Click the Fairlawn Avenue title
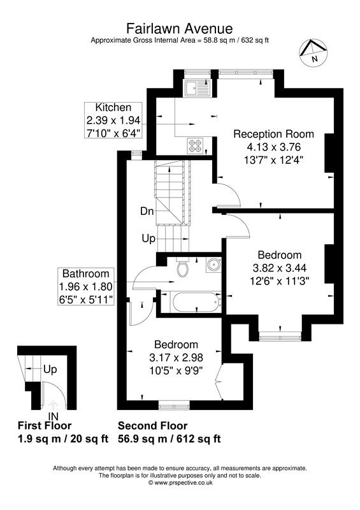click(x=180, y=28)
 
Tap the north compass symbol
click(x=313, y=52)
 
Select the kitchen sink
click(x=192, y=87)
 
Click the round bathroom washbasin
click(x=212, y=265)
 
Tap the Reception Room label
click(x=273, y=134)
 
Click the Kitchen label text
click(x=113, y=107)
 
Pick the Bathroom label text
click(x=85, y=273)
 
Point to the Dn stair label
click(x=148, y=211)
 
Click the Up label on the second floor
click(x=148, y=238)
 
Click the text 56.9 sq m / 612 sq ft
click(x=169, y=439)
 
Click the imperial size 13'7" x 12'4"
click(x=273, y=159)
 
